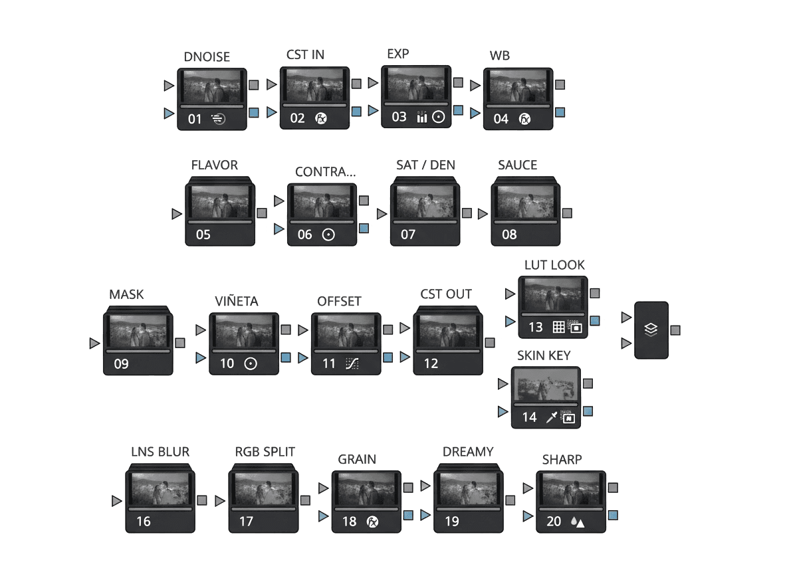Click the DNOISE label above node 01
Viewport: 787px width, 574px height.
(207, 57)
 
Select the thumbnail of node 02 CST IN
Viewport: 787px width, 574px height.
(314, 85)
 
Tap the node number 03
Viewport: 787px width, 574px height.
(399, 117)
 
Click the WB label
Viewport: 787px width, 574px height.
(499, 56)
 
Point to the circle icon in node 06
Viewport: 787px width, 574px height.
(328, 234)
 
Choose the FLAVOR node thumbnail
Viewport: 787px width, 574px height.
(220, 201)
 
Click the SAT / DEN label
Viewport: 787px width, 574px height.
(425, 165)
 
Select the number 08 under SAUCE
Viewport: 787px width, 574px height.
(509, 234)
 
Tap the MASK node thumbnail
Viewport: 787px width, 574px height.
(138, 331)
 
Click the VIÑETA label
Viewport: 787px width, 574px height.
(237, 302)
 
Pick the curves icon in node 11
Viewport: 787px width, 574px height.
(351, 363)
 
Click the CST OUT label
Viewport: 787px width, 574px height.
(446, 294)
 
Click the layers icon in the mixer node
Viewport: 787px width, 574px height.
(651, 330)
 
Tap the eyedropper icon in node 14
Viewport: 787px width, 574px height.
(551, 417)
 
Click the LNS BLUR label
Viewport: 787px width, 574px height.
(160, 452)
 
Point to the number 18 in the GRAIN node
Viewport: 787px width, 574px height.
(349, 522)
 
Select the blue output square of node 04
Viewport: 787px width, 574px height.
(560, 112)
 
